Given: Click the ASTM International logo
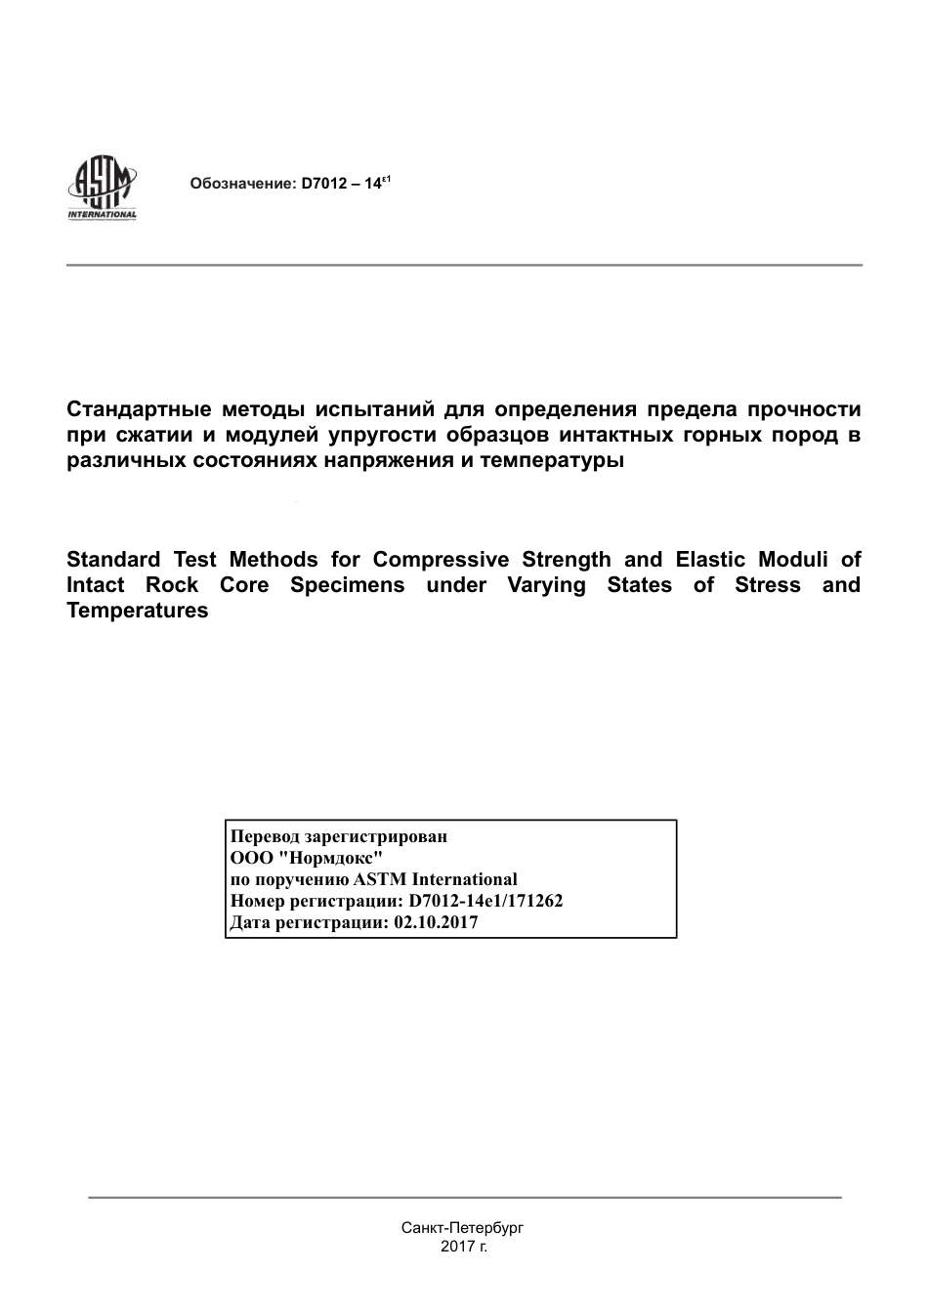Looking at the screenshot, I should (102, 189).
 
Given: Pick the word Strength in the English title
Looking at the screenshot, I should (567, 560).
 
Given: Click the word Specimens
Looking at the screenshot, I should (347, 585).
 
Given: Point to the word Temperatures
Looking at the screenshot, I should (137, 611).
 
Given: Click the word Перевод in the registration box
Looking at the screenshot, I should (265, 836).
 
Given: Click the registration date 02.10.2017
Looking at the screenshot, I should (436, 922).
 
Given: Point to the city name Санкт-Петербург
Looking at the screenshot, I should (463, 1227).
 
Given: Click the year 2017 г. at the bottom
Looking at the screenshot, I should (464, 1247).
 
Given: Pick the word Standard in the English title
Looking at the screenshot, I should (112, 560).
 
